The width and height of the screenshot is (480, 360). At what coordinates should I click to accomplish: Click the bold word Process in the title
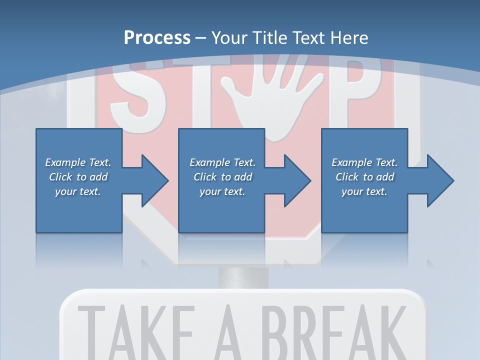click(x=157, y=38)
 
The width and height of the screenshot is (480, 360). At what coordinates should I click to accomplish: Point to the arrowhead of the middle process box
click(x=296, y=180)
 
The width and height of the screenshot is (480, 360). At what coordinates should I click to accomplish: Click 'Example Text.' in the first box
click(x=78, y=162)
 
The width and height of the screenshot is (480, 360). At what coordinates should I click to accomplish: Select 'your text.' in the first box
click(x=78, y=191)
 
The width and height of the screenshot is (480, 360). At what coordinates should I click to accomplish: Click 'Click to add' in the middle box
click(x=222, y=177)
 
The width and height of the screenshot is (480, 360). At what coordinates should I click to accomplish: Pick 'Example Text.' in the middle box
click(x=222, y=162)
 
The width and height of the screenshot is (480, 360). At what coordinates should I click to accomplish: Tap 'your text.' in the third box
click(x=364, y=191)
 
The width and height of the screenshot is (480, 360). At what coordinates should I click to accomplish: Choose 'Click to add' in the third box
click(x=364, y=177)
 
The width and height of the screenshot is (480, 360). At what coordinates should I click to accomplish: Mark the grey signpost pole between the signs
click(x=243, y=277)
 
